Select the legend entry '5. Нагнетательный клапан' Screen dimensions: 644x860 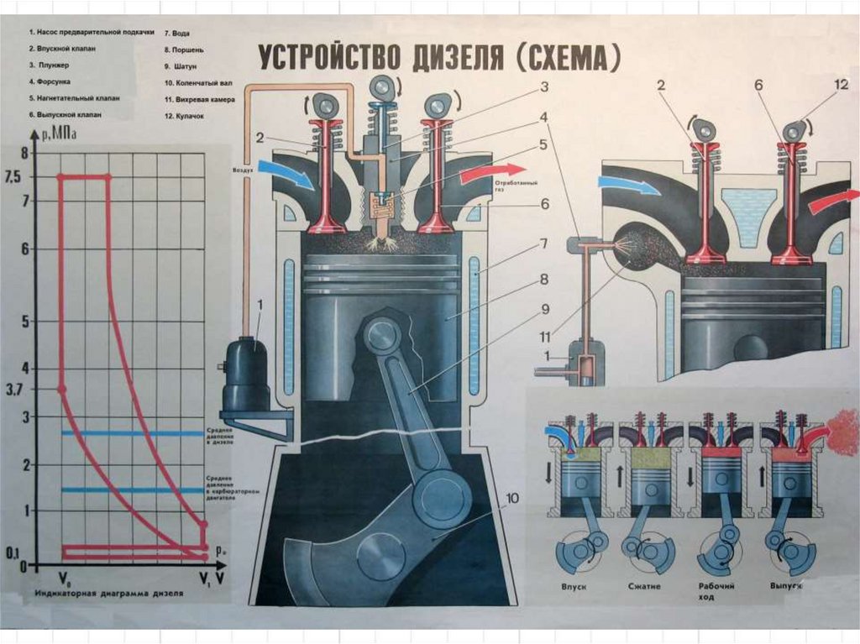tap(74, 97)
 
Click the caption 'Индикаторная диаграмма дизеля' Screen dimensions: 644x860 tap(108, 593)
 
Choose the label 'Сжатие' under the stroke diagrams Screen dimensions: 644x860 tap(645, 587)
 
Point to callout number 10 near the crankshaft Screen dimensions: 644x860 tap(511, 497)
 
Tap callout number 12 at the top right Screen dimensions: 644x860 tap(842, 85)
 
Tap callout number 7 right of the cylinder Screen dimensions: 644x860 tap(544, 244)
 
